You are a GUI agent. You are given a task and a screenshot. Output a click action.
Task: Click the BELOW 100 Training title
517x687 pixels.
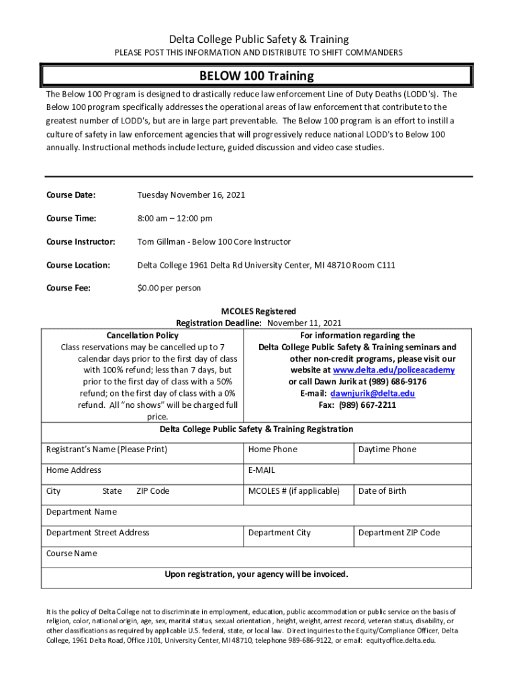pos(256,76)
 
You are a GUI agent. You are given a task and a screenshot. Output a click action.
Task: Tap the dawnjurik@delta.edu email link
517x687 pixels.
pos(373,393)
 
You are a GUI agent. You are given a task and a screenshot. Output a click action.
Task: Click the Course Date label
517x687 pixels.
pos(70,195)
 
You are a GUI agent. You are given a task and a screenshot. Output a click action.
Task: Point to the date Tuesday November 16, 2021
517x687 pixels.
pos(191,195)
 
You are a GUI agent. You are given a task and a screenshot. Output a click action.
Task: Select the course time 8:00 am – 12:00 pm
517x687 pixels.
pos(175,219)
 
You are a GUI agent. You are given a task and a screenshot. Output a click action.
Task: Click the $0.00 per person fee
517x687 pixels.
pos(169,288)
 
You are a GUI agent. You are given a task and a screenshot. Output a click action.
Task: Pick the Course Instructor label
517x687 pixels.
pos(81,242)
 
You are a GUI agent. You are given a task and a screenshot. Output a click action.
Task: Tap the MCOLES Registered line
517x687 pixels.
pos(258,311)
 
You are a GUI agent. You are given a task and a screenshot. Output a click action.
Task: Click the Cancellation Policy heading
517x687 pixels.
pos(142,335)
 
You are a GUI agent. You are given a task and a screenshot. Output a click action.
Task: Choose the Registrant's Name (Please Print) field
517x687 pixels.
pos(106,450)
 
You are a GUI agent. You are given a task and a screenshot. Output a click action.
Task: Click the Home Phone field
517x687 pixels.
pos(273,450)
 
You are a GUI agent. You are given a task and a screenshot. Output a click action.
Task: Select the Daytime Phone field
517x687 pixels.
pos(387,450)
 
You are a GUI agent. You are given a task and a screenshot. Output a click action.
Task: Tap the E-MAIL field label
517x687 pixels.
pos(262,470)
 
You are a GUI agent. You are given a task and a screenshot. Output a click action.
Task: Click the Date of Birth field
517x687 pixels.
pos(382,491)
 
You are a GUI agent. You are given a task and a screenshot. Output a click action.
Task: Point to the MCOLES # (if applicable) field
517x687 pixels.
pos(294,491)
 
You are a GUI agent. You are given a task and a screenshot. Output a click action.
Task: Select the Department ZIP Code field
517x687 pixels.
pos(399,533)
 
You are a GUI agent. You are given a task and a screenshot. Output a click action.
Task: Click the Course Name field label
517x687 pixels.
pos(71,553)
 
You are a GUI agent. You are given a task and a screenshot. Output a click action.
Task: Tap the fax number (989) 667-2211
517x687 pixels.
pos(357,405)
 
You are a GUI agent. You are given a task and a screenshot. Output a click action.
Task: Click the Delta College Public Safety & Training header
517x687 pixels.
pos(258,40)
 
